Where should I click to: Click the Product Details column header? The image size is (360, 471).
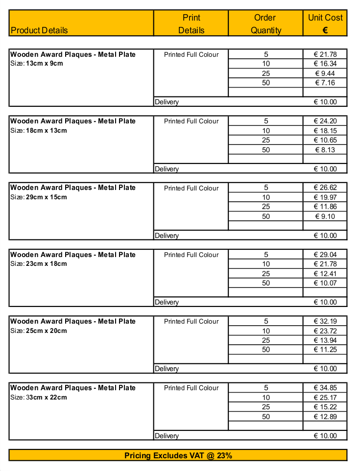coord(39,30)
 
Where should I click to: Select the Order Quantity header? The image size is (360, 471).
coord(265,24)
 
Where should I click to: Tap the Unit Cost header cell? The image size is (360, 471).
coord(325,24)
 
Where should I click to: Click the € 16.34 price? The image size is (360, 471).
coord(325,64)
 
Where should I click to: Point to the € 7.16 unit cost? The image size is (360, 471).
coord(325,83)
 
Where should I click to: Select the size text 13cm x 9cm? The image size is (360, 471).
coord(44,64)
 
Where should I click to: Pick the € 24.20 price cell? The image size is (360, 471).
coord(325,121)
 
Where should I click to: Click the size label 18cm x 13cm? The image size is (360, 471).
coord(46,130)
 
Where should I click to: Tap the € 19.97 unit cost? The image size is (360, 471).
coord(325,197)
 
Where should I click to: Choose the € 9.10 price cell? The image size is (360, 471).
coord(325,216)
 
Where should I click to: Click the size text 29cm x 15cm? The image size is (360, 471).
coord(46,197)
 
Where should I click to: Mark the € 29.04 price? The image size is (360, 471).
coord(325,255)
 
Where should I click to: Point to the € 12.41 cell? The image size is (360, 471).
coord(325,274)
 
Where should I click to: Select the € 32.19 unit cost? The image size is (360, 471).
coord(325,321)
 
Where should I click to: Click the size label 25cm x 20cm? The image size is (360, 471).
coord(46,330)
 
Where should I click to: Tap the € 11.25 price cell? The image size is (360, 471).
coord(325,350)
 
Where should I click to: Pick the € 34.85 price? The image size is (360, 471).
coord(325,388)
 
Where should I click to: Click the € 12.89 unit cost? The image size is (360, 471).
coord(325,417)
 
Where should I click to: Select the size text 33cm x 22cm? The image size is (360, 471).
coord(46,397)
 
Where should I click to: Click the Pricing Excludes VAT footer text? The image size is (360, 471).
coord(178,456)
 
